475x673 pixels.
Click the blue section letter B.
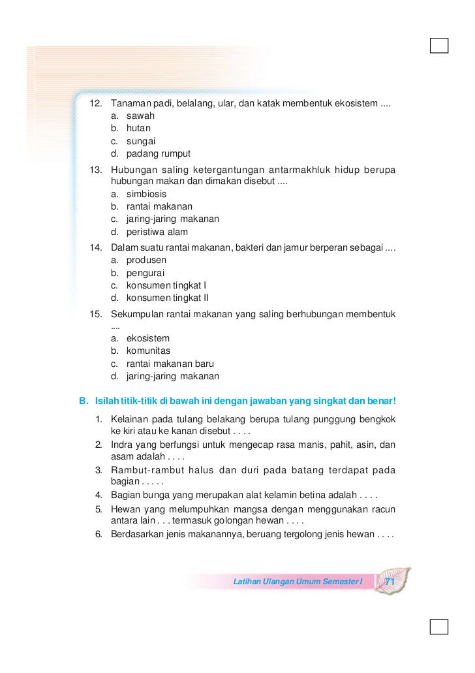(83, 399)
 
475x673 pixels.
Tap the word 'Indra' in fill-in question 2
(123, 445)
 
